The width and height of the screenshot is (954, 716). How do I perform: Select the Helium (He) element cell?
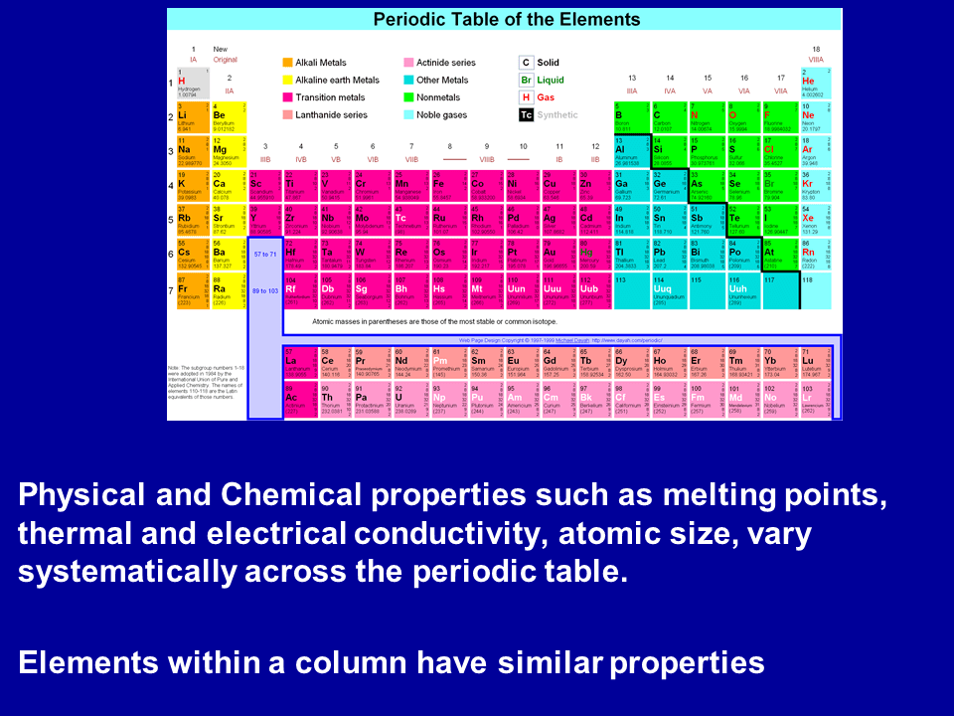tap(815, 84)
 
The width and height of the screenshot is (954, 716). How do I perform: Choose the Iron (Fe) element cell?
tap(445, 186)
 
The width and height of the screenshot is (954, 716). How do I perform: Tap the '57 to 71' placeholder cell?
tap(264, 255)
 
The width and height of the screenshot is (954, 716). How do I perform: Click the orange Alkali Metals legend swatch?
tap(288, 63)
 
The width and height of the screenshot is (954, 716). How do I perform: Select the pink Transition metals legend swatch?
tap(288, 97)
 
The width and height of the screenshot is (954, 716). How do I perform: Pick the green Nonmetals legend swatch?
tap(408, 97)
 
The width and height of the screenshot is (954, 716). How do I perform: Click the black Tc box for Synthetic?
tap(527, 114)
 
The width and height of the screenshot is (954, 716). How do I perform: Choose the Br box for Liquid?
tap(527, 80)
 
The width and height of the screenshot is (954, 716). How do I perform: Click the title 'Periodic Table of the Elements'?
tap(507, 20)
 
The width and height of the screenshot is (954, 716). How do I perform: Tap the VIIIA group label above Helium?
tap(815, 61)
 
